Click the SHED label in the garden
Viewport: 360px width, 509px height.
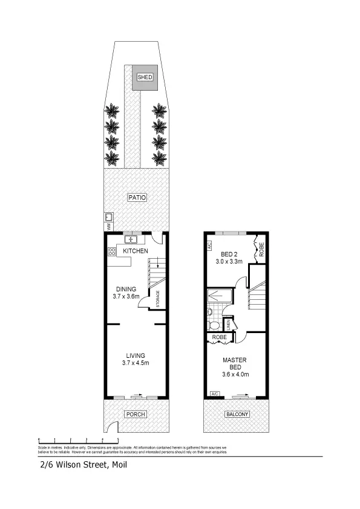[x=145, y=77]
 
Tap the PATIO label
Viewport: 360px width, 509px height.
[x=137, y=197]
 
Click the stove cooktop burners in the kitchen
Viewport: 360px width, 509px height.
[x=112, y=253]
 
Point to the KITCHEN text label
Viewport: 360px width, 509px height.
[x=135, y=251]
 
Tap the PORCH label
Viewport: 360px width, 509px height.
[x=136, y=414]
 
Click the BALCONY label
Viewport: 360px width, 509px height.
[x=235, y=414]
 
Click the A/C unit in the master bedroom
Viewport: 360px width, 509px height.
[x=214, y=394]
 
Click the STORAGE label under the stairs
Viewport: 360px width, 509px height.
[x=157, y=299]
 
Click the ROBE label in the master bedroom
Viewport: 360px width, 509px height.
[x=219, y=337]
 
